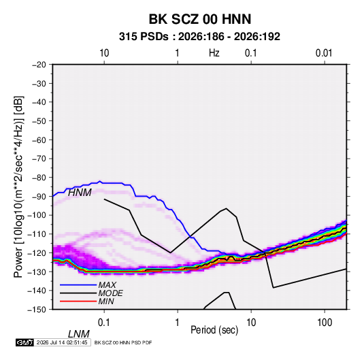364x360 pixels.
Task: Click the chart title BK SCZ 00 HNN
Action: pyautogui.click(x=200, y=19)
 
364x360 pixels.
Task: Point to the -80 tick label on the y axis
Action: pyautogui.click(x=39, y=178)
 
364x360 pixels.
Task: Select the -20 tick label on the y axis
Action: pyautogui.click(x=39, y=65)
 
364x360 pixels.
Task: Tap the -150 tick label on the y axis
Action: pyautogui.click(x=37, y=310)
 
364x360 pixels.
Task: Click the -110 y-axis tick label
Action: pyautogui.click(x=37, y=234)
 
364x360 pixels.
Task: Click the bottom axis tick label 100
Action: pyautogui.click(x=325, y=323)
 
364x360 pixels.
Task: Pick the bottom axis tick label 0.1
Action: pyautogui.click(x=104, y=323)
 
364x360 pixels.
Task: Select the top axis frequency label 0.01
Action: pyautogui.click(x=324, y=53)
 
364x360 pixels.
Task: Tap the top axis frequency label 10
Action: pyautogui.click(x=104, y=53)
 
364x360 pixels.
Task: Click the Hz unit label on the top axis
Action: pyautogui.click(x=214, y=53)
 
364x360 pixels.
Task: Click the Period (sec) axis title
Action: pyautogui.click(x=214, y=330)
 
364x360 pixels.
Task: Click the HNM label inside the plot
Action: pyautogui.click(x=80, y=193)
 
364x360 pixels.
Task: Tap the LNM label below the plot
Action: pyautogui.click(x=79, y=334)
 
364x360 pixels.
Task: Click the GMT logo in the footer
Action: pyautogui.click(x=25, y=342)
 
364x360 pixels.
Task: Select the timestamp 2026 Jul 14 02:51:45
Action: pyautogui.click(x=62, y=342)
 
